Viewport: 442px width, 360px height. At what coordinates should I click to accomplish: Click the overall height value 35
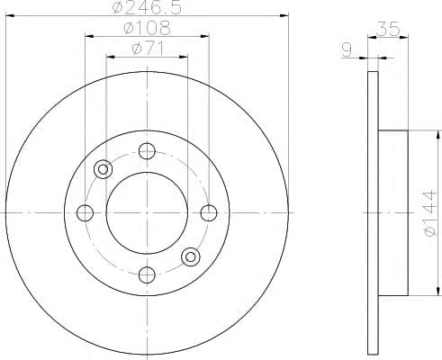tap(389, 29)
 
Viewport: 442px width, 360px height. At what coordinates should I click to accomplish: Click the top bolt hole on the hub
tap(147, 152)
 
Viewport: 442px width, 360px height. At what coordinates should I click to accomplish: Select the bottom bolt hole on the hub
tap(147, 273)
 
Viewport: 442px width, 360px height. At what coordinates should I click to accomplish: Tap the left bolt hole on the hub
tap(86, 212)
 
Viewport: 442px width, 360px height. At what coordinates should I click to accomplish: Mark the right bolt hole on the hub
tap(208, 212)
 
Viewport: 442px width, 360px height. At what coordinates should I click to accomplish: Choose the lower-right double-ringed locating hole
tap(190, 256)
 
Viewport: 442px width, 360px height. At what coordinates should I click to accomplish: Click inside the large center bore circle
tap(147, 212)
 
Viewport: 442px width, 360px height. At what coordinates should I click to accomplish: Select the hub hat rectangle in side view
tap(394, 212)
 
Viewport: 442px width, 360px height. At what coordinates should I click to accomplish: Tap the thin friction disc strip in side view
tap(374, 212)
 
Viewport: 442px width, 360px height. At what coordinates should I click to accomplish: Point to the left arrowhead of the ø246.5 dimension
tap(9, 15)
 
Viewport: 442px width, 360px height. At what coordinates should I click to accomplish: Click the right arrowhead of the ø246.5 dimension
tap(286, 15)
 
